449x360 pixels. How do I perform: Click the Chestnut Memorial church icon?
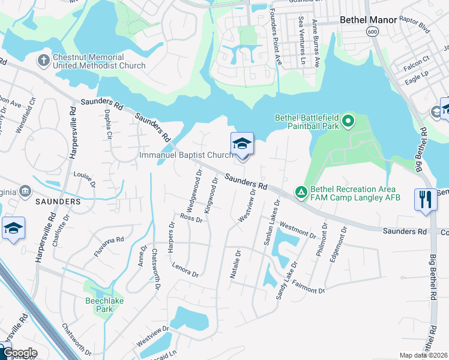coord(43,60)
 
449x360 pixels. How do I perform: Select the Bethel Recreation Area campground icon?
coord(301,193)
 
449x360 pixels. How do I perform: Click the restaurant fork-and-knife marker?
coord(426,199)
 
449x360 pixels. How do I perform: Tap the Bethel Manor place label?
coord(368,20)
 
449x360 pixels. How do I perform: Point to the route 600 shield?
coord(373,31)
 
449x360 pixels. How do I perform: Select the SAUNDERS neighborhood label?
coord(58,202)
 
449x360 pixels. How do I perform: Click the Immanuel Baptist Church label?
coord(186,155)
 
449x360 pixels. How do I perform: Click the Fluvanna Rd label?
coord(109,247)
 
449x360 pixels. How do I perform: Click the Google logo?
coord(19,353)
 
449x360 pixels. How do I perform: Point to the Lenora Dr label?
coord(185,270)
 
